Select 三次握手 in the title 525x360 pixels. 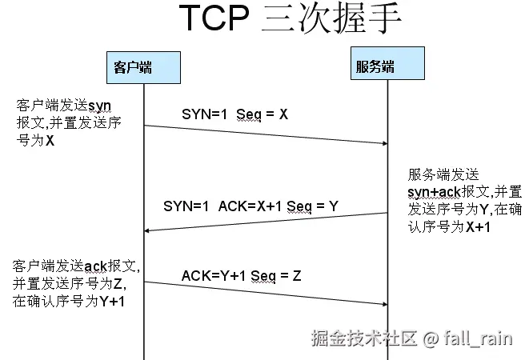(331, 19)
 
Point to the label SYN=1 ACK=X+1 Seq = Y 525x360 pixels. (250, 206)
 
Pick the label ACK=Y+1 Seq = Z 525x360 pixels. (241, 276)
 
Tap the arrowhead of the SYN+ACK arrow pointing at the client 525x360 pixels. (148, 230)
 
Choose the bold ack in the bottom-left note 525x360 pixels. (95, 266)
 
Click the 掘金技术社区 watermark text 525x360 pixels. (364, 339)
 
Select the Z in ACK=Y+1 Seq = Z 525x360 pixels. (296, 276)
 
